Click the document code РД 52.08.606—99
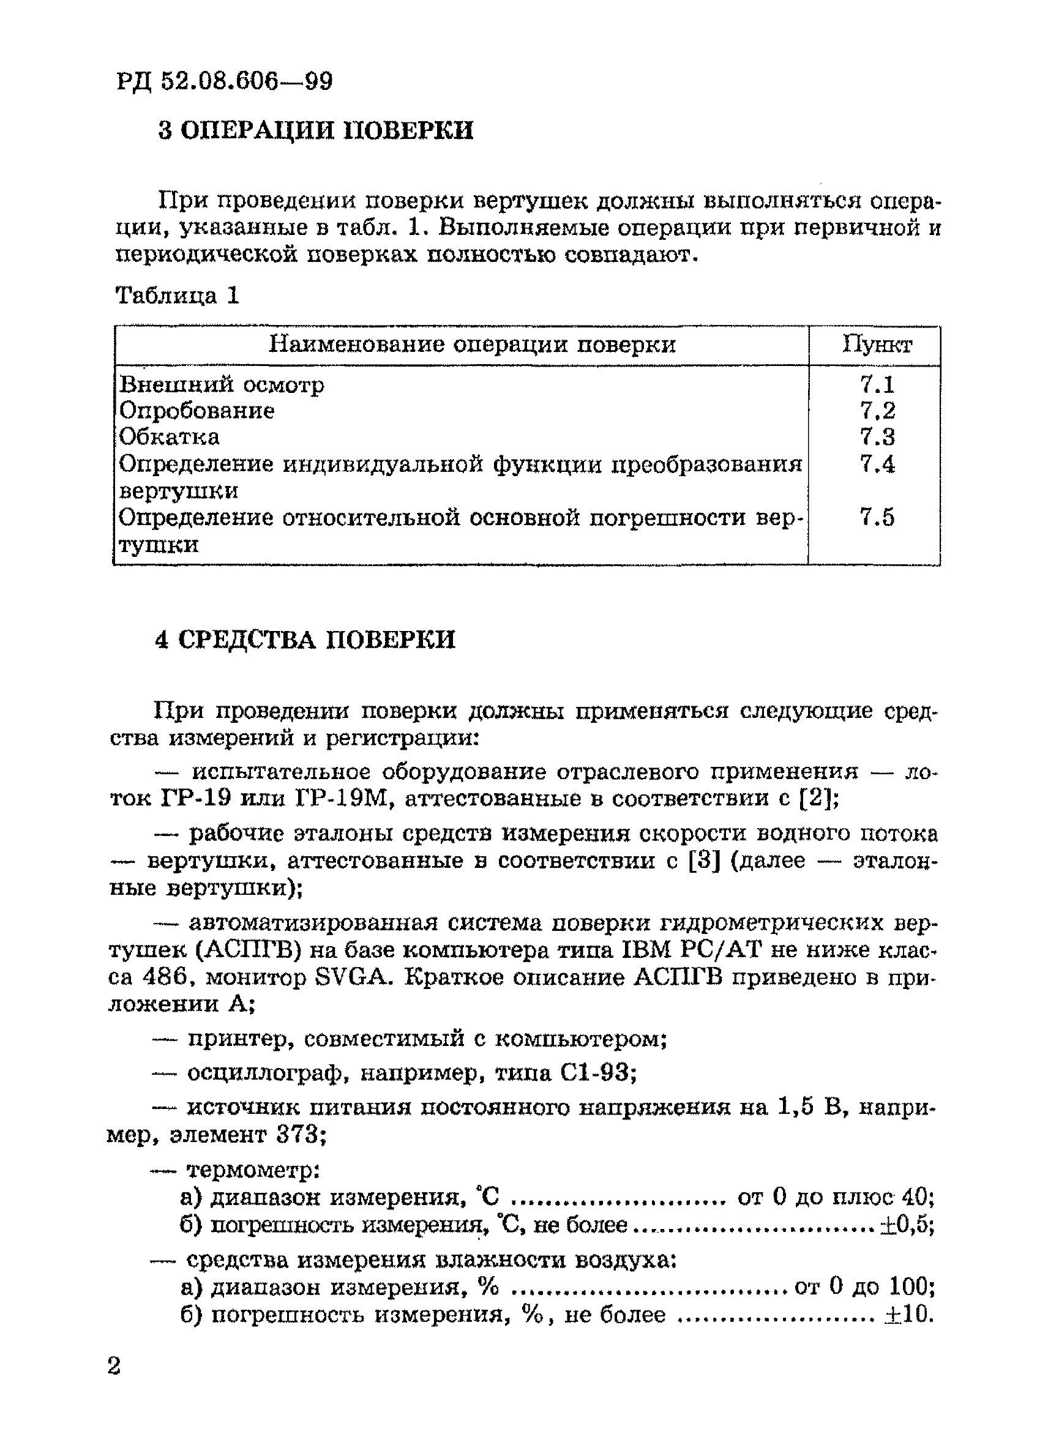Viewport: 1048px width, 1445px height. pyautogui.click(x=224, y=81)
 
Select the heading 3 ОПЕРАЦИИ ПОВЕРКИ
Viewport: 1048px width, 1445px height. pyautogui.click(x=315, y=130)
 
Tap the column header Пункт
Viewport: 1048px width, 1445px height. pyautogui.click(x=877, y=345)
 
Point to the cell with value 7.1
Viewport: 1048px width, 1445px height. pyautogui.click(x=877, y=384)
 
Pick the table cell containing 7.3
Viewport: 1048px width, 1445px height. pyautogui.click(x=877, y=437)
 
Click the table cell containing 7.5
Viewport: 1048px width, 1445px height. pyautogui.click(x=877, y=517)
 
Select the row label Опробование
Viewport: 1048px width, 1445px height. pyautogui.click(x=197, y=410)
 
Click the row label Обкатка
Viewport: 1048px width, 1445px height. pyautogui.click(x=170, y=437)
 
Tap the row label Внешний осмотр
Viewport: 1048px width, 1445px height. pyautogui.click(x=222, y=384)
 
